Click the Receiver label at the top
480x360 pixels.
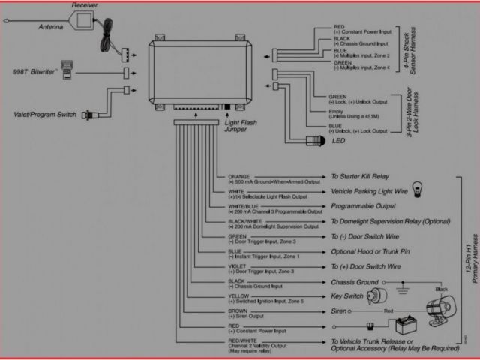84,6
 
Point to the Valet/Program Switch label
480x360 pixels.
45,115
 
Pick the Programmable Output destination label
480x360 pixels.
364,205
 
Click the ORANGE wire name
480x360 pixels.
240,177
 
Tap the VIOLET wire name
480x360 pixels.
237,266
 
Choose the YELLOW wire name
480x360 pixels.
238,295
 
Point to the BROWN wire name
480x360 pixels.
238,310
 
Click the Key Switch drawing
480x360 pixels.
377,295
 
